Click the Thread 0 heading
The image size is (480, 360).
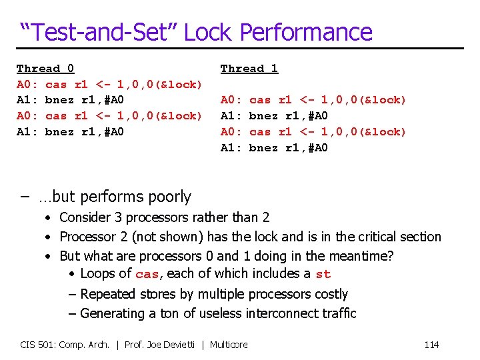(45, 68)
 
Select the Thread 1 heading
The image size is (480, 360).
(249, 68)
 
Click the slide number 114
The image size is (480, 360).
(431, 345)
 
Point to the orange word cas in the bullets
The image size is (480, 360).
(147, 274)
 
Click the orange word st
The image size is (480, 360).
(323, 274)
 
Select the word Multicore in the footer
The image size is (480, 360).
(229, 345)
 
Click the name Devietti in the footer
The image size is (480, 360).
(181, 345)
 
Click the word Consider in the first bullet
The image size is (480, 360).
(85, 217)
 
